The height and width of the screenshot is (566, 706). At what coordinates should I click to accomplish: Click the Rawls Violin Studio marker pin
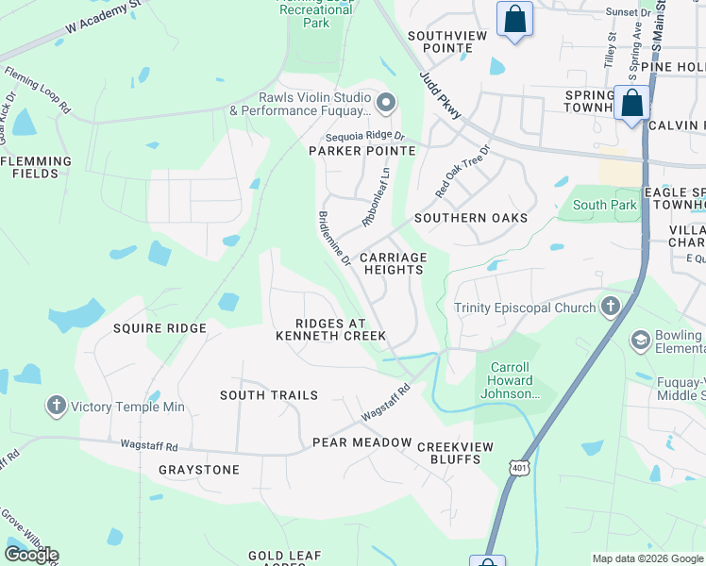(385, 102)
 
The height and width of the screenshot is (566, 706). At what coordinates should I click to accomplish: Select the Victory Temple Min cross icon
(56, 407)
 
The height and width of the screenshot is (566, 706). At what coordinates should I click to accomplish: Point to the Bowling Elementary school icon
(641, 340)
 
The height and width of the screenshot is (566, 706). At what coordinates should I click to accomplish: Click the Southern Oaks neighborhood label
(471, 218)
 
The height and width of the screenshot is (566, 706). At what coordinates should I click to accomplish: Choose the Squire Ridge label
(160, 328)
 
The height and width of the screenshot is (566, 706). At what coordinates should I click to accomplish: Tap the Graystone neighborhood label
(199, 470)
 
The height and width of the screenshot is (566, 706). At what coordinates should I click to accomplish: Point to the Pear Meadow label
(362, 442)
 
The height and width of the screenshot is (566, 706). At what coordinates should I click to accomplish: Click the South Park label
(604, 205)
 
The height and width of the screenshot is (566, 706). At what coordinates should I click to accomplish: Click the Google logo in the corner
(31, 555)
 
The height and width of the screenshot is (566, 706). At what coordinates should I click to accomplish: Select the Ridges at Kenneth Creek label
(330, 329)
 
